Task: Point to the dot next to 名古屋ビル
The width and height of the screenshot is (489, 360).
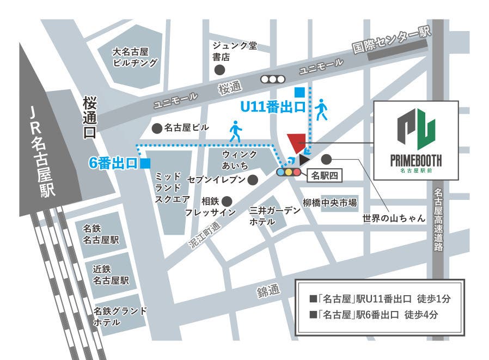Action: pyautogui.click(x=156, y=128)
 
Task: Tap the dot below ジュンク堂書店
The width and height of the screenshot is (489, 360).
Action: pyautogui.click(x=219, y=70)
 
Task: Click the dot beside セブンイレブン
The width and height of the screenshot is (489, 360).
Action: pyautogui.click(x=253, y=179)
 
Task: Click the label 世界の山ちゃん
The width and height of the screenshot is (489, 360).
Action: pyautogui.click(x=393, y=218)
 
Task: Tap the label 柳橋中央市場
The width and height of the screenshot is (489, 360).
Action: pyautogui.click(x=330, y=203)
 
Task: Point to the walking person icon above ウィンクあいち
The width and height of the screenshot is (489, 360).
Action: pyautogui.click(x=235, y=131)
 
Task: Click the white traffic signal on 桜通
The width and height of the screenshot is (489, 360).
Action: pyautogui.click(x=273, y=79)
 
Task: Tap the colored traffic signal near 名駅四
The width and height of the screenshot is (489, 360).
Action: pyautogui.click(x=289, y=172)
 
